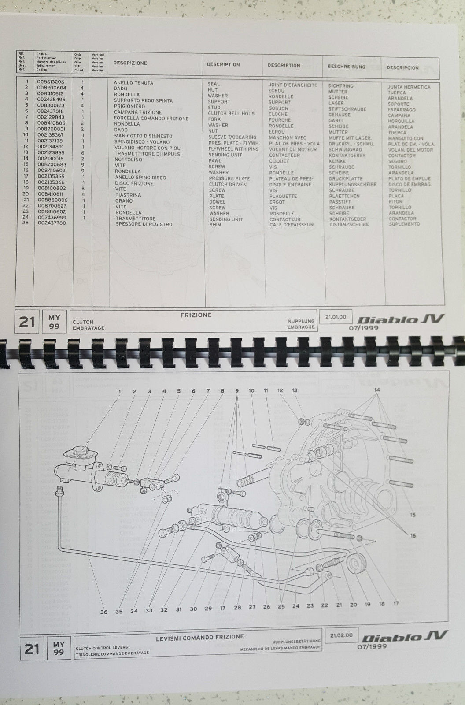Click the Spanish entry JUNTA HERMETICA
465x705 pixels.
pos(409,87)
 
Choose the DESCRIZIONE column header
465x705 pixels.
pos(130,63)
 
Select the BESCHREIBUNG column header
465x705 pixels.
pos(346,67)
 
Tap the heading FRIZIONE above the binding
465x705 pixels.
pos(196,315)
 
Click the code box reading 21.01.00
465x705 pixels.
pos(336,317)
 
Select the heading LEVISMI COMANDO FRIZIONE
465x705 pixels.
pos(199,637)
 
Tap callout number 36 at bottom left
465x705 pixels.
pos(104,611)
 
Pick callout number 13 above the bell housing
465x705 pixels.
pos(295,390)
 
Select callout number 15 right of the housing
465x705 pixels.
pos(413,515)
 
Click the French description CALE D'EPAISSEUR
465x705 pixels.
pos(292,225)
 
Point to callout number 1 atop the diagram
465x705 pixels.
pos(119,391)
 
